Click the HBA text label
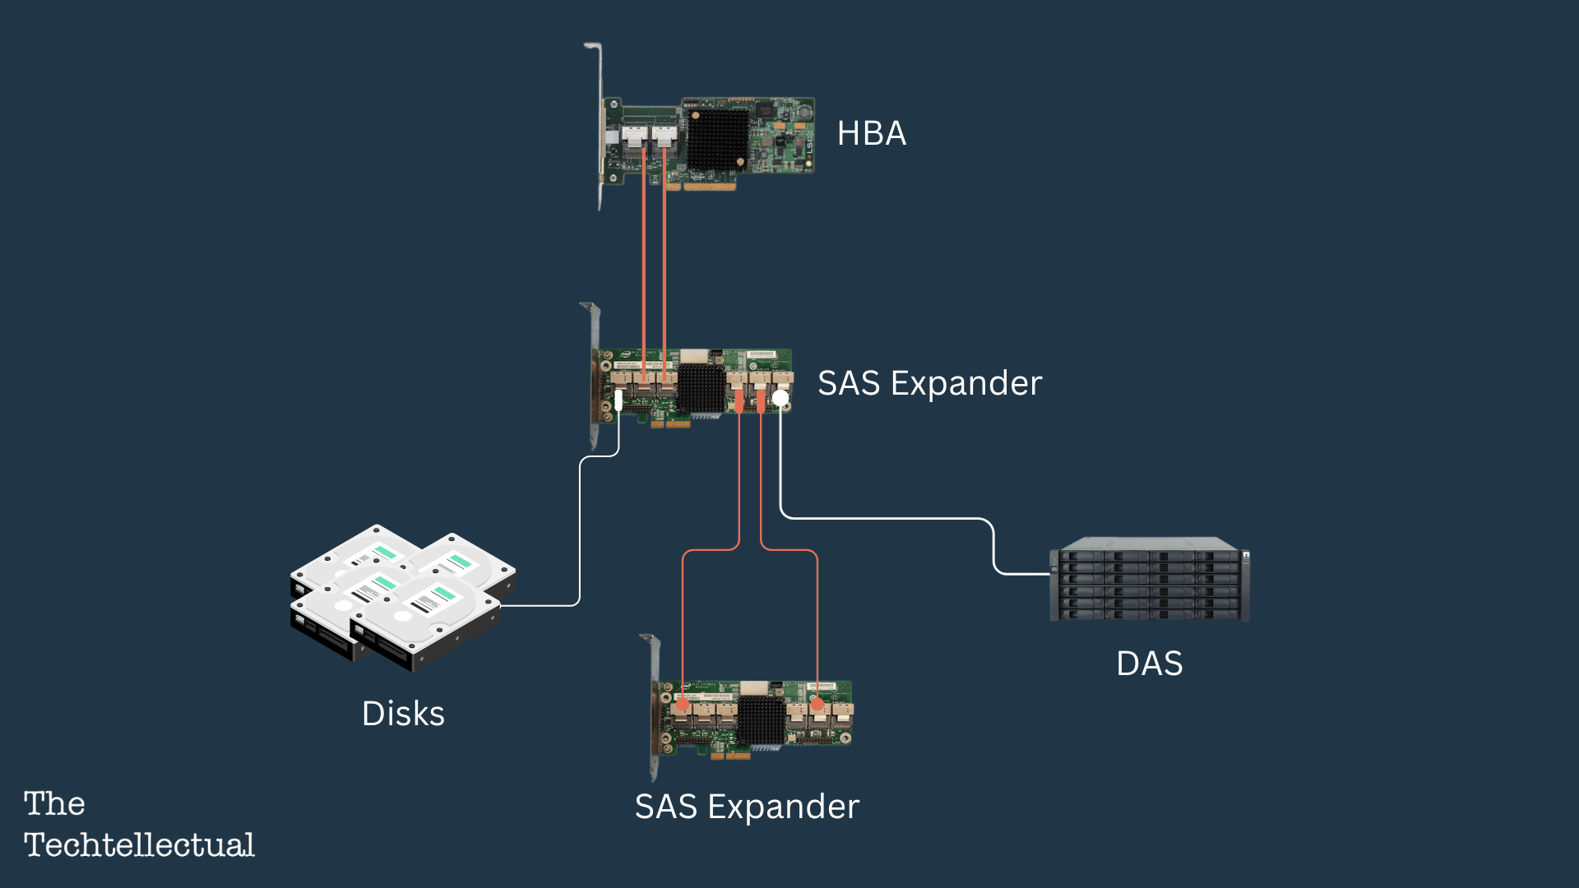pyautogui.click(x=871, y=133)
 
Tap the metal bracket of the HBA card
pyautogui.click(x=599, y=123)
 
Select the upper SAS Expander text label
pyautogui.click(x=929, y=383)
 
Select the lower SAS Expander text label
pyautogui.click(x=747, y=807)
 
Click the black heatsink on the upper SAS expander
pyautogui.click(x=701, y=388)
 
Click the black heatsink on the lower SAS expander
pyautogui.click(x=761, y=720)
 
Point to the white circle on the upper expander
pyautogui.click(x=780, y=398)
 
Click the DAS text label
pyautogui.click(x=1149, y=664)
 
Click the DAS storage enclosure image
pyautogui.click(x=1149, y=580)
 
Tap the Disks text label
pyautogui.click(x=403, y=714)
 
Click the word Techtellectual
pyautogui.click(x=139, y=845)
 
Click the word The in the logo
pyautogui.click(x=54, y=803)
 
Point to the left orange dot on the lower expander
pyautogui.click(x=683, y=704)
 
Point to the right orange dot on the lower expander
pyautogui.click(x=817, y=704)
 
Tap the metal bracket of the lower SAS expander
pyautogui.click(x=654, y=707)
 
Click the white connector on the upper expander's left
pyautogui.click(x=618, y=400)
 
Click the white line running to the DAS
pyautogui.click(x=888, y=518)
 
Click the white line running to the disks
pyautogui.click(x=580, y=534)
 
